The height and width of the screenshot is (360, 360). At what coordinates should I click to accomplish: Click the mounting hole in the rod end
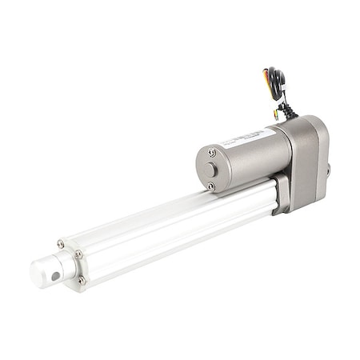click(x=54, y=274)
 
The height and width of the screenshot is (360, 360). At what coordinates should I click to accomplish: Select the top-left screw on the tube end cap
click(x=60, y=243)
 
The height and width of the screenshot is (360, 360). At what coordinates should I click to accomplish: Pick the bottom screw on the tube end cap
click(x=81, y=280)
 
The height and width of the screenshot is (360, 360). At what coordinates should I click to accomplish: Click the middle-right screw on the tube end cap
click(x=78, y=254)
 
